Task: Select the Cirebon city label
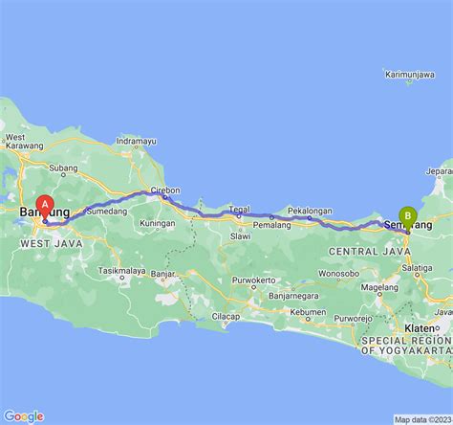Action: click(x=168, y=189)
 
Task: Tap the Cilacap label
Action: click(x=226, y=316)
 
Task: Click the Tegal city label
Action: click(x=240, y=209)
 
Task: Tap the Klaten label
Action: click(x=420, y=327)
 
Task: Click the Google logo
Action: click(x=24, y=415)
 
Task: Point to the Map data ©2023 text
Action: click(x=421, y=419)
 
